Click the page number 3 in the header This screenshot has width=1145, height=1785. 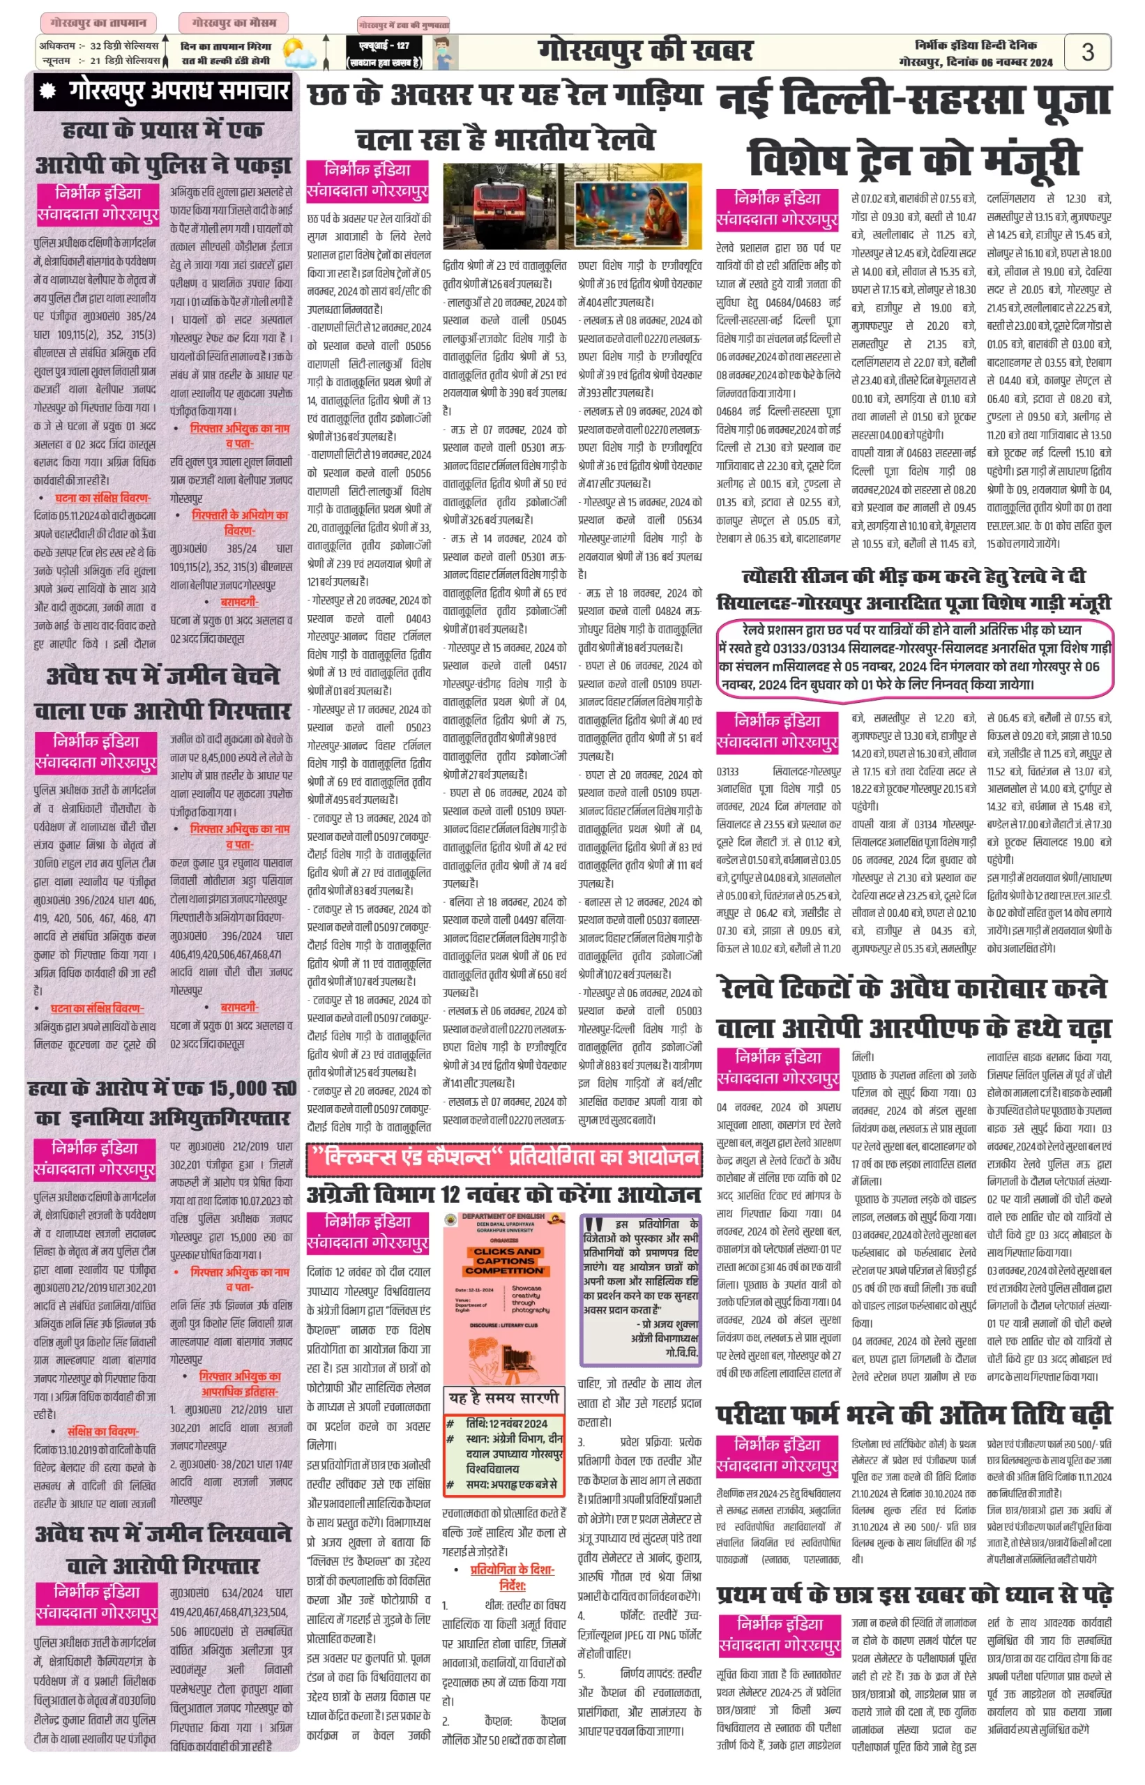1087,52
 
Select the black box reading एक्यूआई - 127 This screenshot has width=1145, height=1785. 384,54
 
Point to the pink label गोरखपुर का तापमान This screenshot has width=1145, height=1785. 98,23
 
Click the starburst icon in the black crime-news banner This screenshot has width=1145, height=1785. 48,91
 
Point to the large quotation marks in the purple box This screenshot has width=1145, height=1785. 593,1226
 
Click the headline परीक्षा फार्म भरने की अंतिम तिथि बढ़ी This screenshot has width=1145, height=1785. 913,1414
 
